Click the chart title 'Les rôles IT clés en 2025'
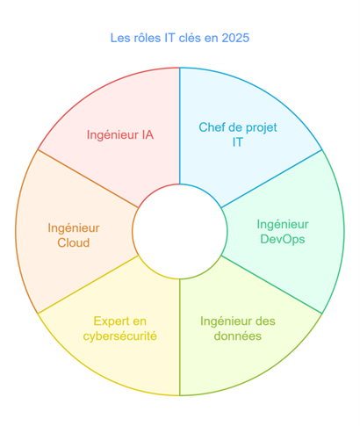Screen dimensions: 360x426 [180, 38]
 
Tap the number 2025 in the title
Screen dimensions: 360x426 [235, 38]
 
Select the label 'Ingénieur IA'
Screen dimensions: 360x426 [120, 135]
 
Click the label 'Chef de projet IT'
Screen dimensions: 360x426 [238, 134]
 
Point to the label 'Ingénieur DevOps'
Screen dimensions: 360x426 [283, 232]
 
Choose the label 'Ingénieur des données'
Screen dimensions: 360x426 [238, 329]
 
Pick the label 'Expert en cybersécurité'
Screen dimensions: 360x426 [120, 329]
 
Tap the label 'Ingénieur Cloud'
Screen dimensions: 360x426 [74, 235]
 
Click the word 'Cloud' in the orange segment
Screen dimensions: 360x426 [74, 243]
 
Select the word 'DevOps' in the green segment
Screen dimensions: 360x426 [283, 239]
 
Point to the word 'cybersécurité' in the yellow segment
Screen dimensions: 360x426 [120, 336]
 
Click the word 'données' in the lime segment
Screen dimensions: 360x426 [238, 336]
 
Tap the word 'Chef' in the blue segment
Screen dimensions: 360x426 [210, 127]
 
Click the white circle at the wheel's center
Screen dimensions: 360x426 [180, 231]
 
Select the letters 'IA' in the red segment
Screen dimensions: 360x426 [148, 135]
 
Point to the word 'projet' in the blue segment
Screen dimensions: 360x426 [262, 128]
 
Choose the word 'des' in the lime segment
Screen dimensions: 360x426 [267, 321]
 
